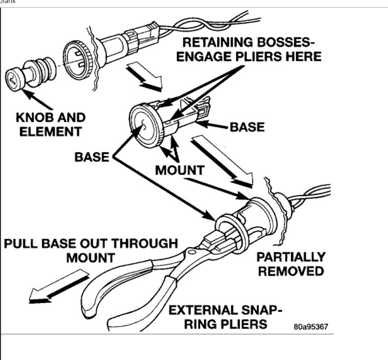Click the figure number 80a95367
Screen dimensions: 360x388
(x=311, y=326)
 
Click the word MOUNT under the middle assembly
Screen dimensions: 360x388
(x=180, y=170)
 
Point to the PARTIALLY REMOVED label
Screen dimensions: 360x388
(x=291, y=263)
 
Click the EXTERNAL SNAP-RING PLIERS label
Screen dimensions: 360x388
(x=225, y=317)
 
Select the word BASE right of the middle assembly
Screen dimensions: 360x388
(x=248, y=126)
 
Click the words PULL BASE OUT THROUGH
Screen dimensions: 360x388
(x=91, y=242)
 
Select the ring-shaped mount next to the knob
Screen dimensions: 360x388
(x=76, y=55)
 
